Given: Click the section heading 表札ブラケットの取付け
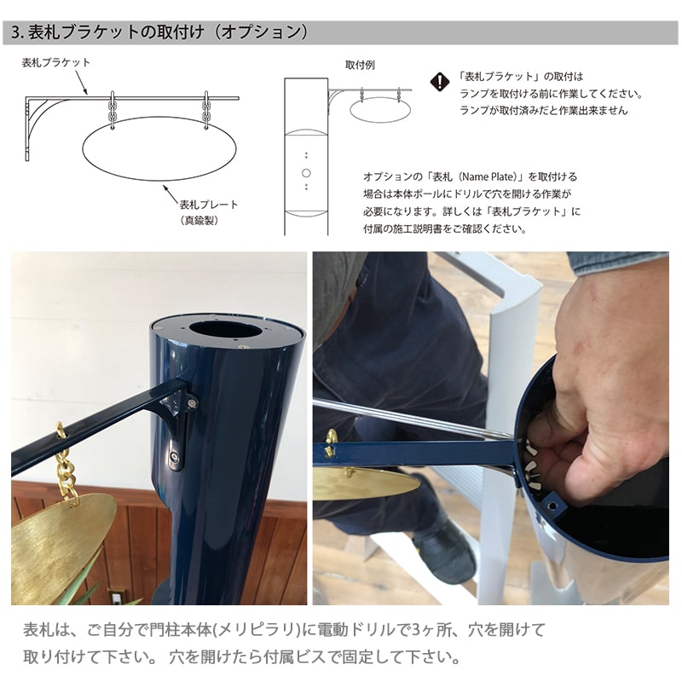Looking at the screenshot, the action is tap(116, 32).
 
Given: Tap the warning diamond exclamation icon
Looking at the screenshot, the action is tap(440, 81).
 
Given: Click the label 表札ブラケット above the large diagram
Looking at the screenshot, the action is tap(56, 62).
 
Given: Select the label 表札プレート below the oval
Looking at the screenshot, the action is tap(209, 205).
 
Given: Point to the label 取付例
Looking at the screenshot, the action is tap(360, 66).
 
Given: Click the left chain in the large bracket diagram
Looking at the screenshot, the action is tap(113, 111).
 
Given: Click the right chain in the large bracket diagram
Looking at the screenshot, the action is tap(205, 111).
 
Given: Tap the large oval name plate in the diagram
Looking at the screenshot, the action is tap(159, 148).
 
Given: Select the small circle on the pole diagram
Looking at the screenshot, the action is tap(306, 173).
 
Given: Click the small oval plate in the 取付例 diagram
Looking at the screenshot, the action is tap(380, 110).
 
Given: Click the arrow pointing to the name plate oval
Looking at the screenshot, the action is tap(170, 194).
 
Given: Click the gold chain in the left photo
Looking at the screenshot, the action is tap(66, 465).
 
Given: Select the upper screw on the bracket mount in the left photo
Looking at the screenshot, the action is tap(190, 404).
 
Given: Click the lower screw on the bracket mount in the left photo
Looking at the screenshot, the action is tap(174, 456).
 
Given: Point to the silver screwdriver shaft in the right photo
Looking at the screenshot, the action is tap(413, 419).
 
